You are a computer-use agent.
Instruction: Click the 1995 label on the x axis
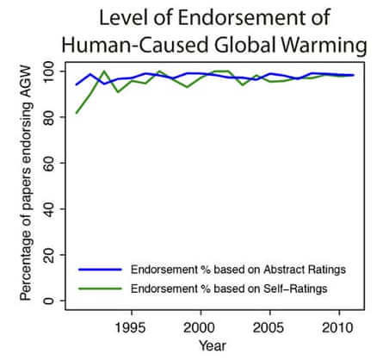[x=131, y=328]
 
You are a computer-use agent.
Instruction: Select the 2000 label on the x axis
[x=200, y=328]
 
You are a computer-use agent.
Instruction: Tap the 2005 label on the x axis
[x=268, y=328]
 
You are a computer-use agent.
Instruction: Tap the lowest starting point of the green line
[x=77, y=113]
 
